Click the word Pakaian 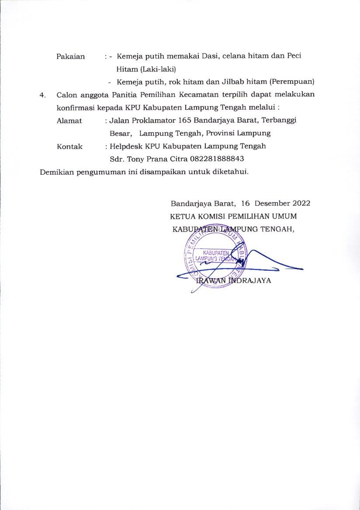tap(70, 57)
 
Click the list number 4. tap(42, 95)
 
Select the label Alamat tap(69, 121)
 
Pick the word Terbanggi tap(279, 121)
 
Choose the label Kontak tap(70, 147)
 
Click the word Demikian tap(57, 172)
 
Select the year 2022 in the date tap(301, 203)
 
